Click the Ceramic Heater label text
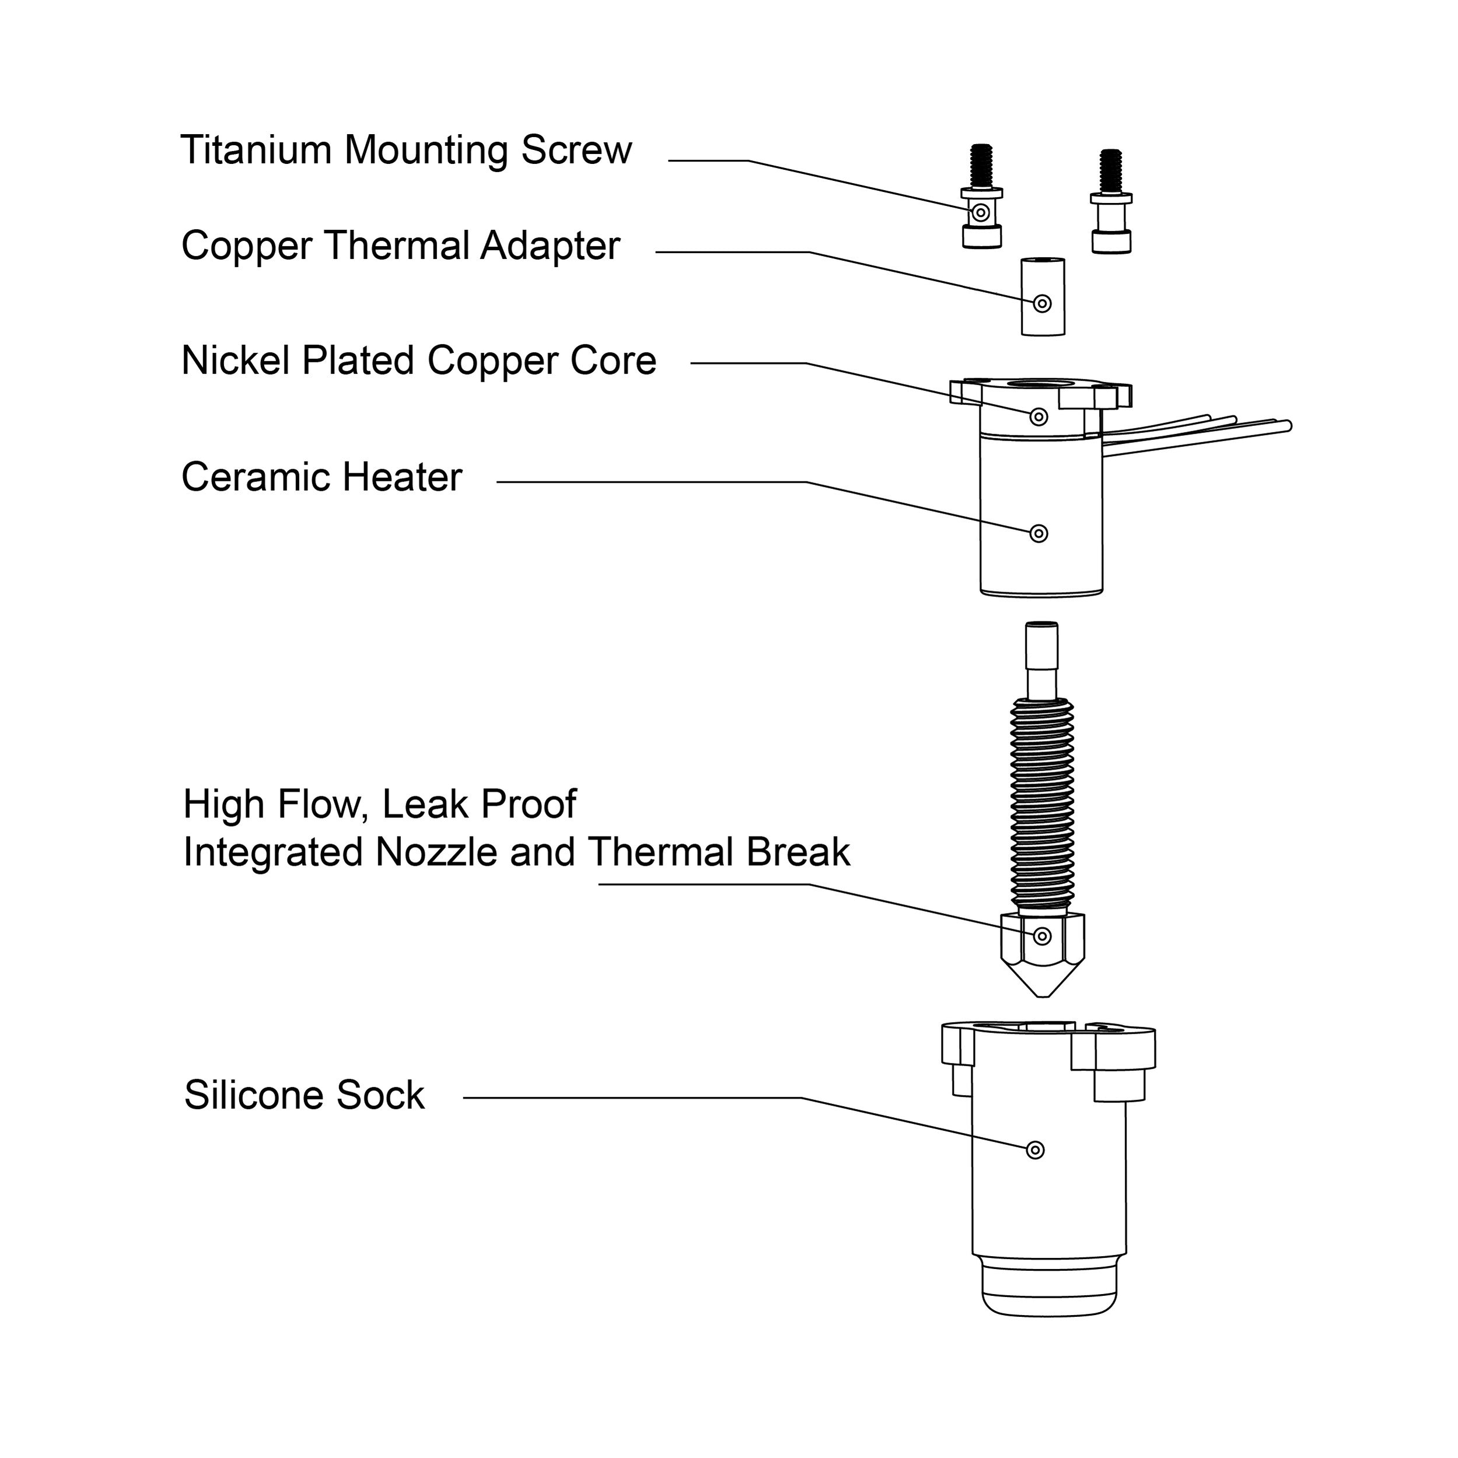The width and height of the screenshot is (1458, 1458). point(321,478)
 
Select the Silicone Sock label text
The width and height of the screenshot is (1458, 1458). point(304,1096)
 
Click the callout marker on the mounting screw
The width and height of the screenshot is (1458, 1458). point(980,214)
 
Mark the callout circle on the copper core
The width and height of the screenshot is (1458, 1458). point(1039,417)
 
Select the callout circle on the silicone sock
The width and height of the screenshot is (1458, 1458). point(1036,1150)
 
